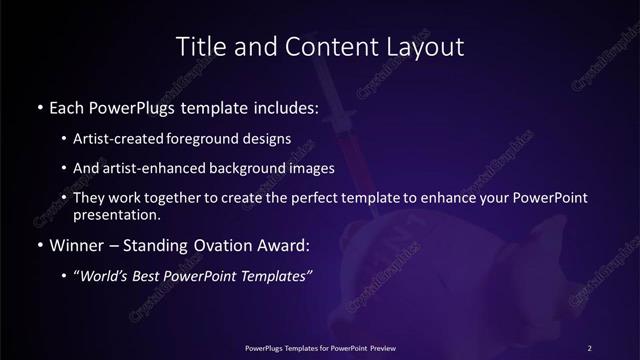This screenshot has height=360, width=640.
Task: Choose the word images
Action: [x=310, y=168]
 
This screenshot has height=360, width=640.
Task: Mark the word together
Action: [x=180, y=198]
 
